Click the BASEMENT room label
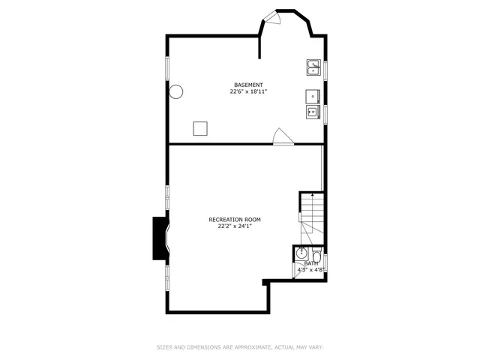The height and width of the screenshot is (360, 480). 248,85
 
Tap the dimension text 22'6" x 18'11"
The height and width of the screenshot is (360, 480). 248,91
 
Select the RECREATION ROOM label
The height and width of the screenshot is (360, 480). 235,219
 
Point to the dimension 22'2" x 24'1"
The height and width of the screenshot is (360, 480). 235,226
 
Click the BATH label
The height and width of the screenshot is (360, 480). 310,263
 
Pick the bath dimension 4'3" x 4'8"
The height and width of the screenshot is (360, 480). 310,270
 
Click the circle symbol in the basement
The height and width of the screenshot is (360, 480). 177,92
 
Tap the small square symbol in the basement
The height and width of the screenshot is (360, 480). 200,128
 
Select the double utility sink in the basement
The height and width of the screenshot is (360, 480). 313,68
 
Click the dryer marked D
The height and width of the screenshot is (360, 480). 313,95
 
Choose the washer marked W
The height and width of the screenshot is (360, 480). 313,112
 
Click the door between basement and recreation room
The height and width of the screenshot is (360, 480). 281,136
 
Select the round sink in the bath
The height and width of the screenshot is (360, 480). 300,253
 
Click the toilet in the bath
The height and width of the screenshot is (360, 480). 317,256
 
